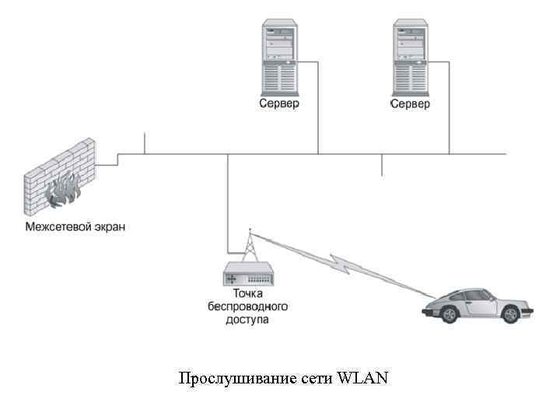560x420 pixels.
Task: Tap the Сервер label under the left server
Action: click(279, 103)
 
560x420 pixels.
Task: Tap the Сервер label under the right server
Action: click(409, 103)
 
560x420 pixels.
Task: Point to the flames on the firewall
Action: click(64, 191)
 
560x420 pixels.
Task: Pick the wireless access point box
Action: click(247, 274)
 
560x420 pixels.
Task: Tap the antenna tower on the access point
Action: click(249, 245)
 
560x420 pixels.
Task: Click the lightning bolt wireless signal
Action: click(342, 264)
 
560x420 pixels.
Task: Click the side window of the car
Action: click(480, 296)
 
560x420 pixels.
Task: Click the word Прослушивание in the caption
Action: click(236, 379)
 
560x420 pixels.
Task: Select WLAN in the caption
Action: click(363, 378)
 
